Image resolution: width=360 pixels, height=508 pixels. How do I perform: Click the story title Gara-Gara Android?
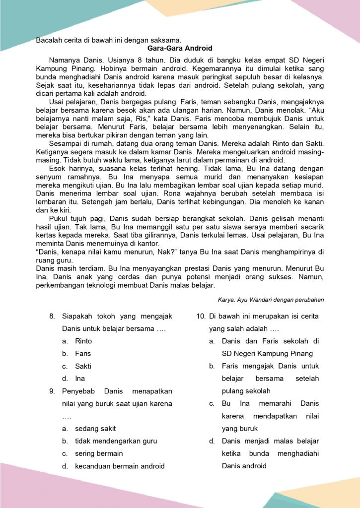pos(180,48)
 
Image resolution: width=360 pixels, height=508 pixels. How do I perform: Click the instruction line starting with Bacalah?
pos(109,40)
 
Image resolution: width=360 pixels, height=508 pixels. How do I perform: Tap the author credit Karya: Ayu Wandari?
pos(271,300)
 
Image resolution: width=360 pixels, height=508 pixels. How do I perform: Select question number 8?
pos(52,316)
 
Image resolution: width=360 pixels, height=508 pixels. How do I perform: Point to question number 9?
pos(52,391)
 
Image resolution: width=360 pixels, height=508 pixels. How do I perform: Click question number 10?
pos(201,316)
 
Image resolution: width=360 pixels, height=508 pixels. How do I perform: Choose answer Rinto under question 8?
pos(83,341)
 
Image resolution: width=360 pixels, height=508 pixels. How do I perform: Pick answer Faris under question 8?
pos(83,354)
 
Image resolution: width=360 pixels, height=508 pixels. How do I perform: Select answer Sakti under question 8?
pos(83,366)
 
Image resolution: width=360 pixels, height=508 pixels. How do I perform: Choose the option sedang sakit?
pos(95,428)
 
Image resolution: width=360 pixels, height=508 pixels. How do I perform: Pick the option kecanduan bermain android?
pos(120,466)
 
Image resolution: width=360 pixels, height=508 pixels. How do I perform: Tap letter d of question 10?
pos(212,441)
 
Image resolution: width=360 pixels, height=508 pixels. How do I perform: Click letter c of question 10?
pos(212,403)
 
